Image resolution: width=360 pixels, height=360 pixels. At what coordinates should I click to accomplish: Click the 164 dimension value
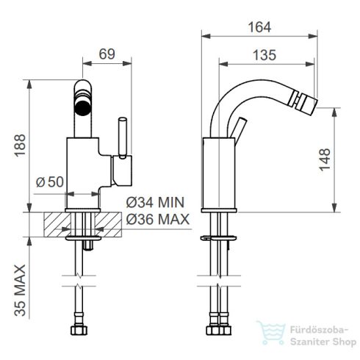pos(259,27)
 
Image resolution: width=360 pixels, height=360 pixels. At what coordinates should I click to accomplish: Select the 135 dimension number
pos(264,55)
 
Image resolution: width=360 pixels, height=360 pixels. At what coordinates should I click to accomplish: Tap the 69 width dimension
pos(107,54)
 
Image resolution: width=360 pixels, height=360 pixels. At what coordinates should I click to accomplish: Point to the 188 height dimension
pos(20,145)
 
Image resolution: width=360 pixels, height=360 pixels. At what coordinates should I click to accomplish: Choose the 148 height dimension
pos(325,159)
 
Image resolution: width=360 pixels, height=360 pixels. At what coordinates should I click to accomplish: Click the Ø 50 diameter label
pos(50,181)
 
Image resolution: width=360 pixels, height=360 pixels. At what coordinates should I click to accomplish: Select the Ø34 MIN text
pos(155,203)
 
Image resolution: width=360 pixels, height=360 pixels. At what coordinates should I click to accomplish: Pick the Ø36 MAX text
pos(158,219)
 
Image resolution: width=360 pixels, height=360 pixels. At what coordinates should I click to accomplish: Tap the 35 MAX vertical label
pos(20,290)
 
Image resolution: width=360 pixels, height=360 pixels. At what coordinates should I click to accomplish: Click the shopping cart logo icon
pos(271,333)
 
